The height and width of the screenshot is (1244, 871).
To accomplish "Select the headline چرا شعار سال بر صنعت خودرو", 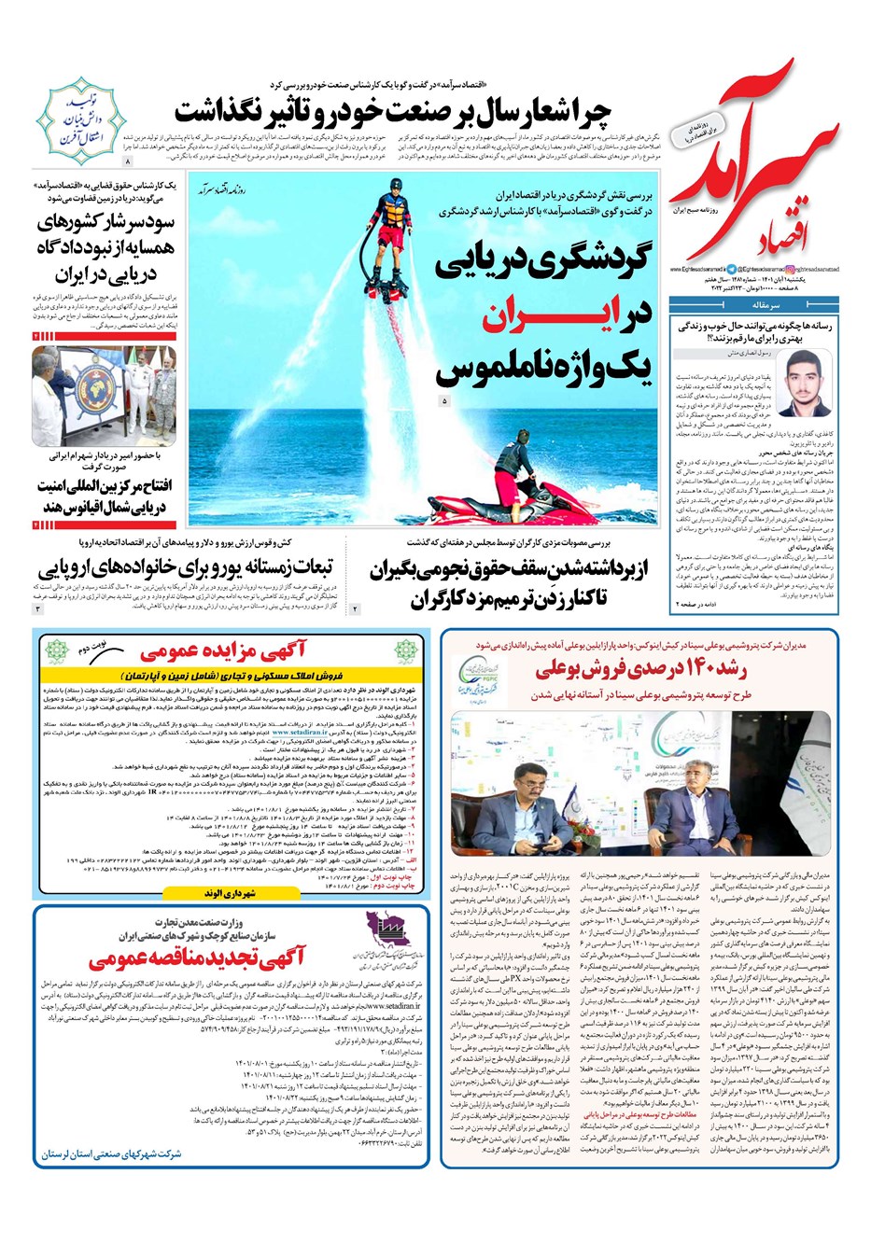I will pyautogui.click(x=392, y=111).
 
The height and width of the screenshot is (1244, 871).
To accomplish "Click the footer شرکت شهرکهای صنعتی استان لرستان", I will pyautogui.click(x=112, y=1154).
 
